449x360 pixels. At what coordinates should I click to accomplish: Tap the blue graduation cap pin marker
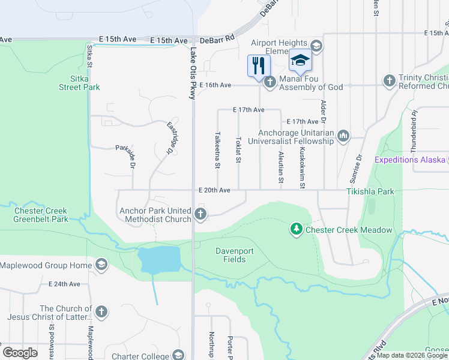click(x=300, y=61)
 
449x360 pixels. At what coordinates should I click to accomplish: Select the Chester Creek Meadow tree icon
click(x=296, y=229)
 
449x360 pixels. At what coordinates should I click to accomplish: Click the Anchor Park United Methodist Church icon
click(x=201, y=214)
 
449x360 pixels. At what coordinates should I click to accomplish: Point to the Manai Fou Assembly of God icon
click(x=270, y=82)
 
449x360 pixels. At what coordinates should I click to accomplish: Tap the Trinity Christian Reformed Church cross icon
click(x=390, y=80)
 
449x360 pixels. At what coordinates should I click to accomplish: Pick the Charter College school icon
click(x=178, y=355)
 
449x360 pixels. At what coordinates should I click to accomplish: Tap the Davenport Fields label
click(x=231, y=255)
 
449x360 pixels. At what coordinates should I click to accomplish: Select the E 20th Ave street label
click(x=215, y=190)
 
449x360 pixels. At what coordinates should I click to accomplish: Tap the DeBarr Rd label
click(x=217, y=40)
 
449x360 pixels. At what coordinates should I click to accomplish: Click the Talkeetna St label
click(x=217, y=151)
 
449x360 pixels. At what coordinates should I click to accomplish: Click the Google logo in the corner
click(x=20, y=353)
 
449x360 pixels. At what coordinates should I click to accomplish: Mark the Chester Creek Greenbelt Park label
click(x=40, y=215)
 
